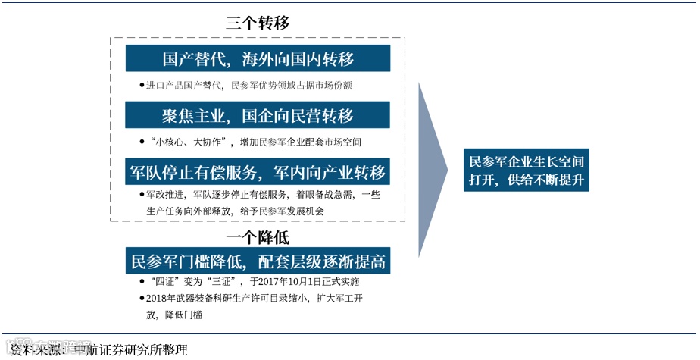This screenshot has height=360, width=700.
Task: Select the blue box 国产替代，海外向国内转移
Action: [x=258, y=58]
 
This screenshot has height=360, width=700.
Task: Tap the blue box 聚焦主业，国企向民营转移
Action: [x=258, y=115]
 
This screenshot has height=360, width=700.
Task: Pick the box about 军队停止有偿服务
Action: [x=258, y=171]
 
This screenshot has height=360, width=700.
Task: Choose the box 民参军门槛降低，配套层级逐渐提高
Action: [x=258, y=262]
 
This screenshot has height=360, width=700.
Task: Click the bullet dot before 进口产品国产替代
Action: [x=142, y=86]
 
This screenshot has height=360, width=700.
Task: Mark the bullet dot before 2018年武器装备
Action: [x=142, y=299]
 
